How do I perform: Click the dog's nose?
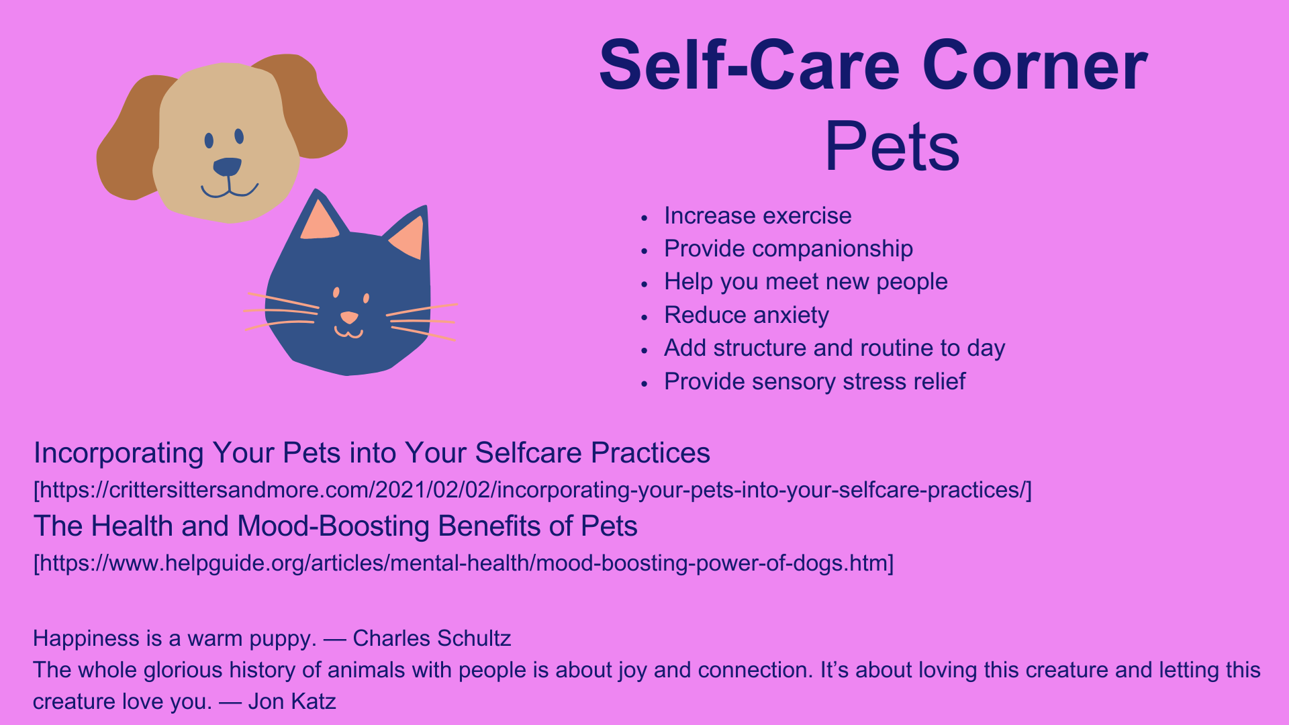coord(227,166)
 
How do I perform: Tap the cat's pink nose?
coord(349,317)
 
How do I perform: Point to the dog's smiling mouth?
coord(230,191)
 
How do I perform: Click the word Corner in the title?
coord(1035,66)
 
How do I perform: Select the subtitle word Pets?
coord(892,146)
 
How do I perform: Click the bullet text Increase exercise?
coord(757,215)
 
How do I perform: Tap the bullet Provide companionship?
coord(788,249)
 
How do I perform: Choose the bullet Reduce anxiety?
coord(747,315)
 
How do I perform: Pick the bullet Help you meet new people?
coord(806,282)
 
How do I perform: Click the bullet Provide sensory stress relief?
coord(814,381)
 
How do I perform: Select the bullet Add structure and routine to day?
coord(834,348)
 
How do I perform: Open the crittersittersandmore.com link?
coord(532,490)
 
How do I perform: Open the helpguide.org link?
coord(464,563)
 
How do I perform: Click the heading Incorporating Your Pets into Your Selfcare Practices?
coord(372,453)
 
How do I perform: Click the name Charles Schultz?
coord(432,638)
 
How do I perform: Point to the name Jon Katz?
coord(291,702)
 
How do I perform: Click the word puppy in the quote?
coord(282,639)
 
